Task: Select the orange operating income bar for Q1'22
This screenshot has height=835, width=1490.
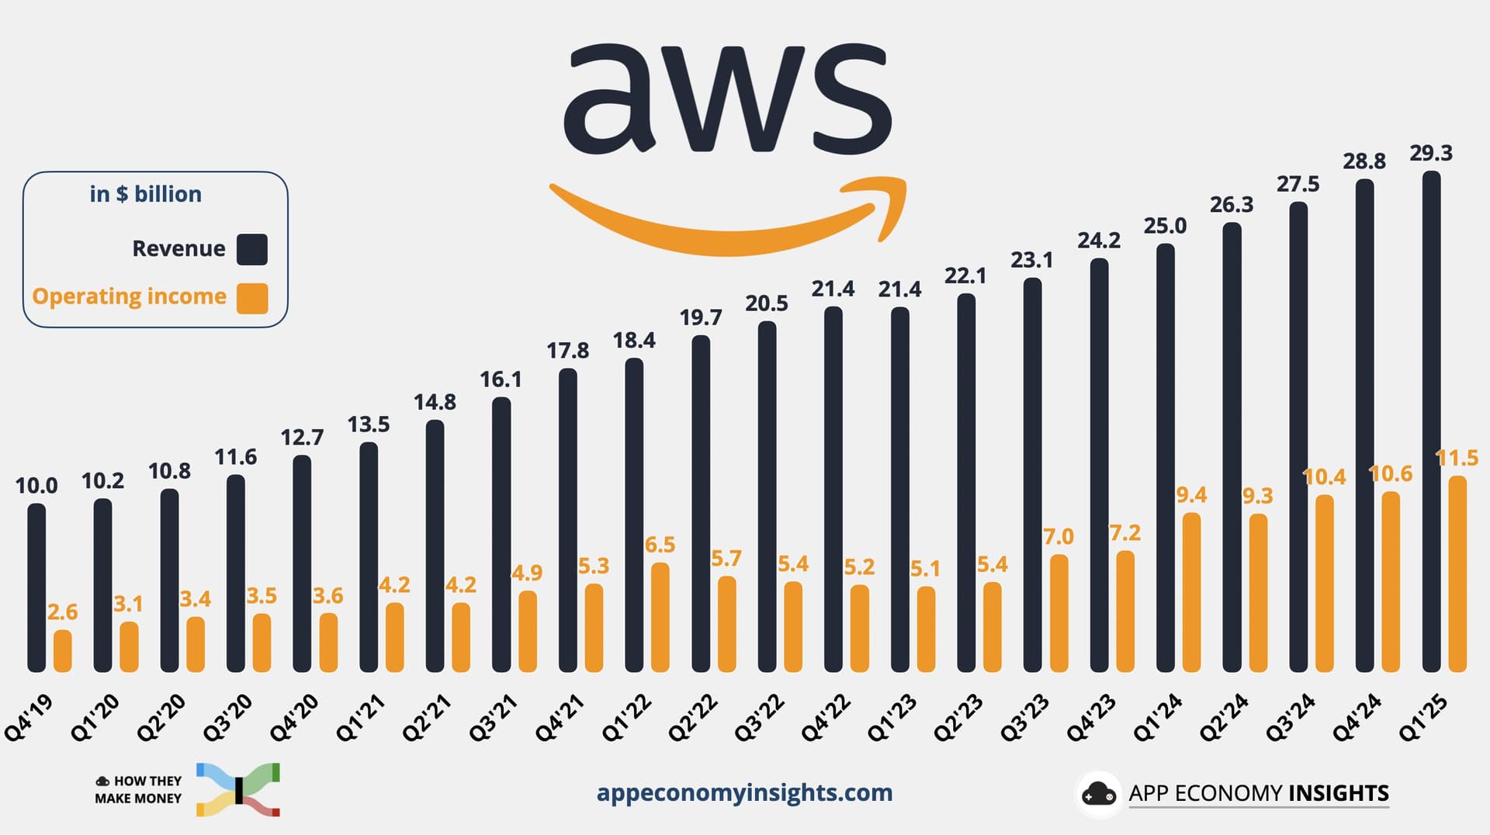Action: click(660, 618)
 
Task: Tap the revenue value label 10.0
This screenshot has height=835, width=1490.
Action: click(36, 486)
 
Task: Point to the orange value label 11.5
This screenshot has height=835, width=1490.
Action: click(1457, 458)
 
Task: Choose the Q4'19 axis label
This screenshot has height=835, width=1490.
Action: click(29, 719)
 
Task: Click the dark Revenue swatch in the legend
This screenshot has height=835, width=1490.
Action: click(252, 249)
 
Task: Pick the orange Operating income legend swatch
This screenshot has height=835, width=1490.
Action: click(252, 298)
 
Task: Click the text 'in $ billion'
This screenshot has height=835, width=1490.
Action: click(146, 194)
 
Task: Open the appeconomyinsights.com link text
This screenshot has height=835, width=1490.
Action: click(744, 792)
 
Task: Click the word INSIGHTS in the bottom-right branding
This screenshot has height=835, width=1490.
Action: click(1338, 793)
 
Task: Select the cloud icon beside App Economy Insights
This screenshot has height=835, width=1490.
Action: click(1098, 794)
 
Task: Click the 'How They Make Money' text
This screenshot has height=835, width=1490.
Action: click(138, 789)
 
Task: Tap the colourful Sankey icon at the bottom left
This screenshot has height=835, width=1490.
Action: click(238, 789)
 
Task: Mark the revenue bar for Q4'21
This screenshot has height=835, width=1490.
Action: click(568, 520)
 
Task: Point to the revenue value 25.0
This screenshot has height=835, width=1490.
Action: click(1165, 226)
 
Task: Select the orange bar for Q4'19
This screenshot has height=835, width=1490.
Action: click(63, 651)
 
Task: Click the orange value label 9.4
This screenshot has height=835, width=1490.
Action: click(1191, 495)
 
